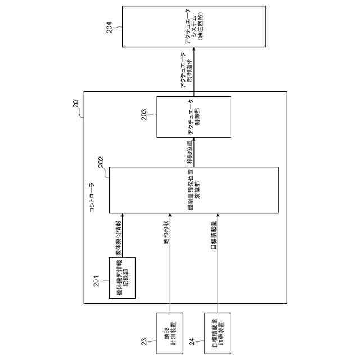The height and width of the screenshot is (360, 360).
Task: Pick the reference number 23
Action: [143, 341]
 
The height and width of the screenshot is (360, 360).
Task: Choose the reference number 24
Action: [192, 341]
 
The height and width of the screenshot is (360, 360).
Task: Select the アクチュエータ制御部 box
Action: [194, 117]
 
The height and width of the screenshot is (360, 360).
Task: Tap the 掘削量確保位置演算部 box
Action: [193, 190]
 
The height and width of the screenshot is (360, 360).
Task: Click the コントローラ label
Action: [92, 197]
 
